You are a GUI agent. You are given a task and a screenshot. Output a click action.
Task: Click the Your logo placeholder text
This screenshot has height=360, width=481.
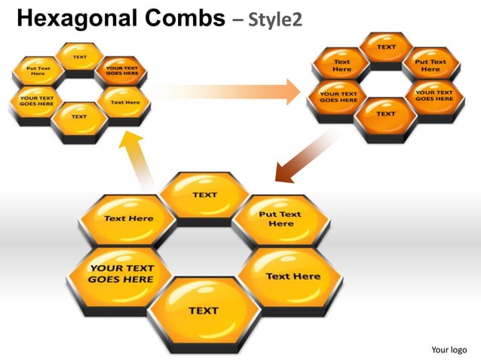click(449, 349)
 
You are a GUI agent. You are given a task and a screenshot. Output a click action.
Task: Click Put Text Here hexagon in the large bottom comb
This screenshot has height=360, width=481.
click(280, 219)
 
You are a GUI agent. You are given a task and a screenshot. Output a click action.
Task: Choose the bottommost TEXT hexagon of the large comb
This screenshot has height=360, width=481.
click(203, 310)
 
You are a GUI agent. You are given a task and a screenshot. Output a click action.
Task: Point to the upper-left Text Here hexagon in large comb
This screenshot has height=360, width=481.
click(128, 218)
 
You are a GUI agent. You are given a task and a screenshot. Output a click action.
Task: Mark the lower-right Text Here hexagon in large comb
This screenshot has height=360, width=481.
click(293, 276)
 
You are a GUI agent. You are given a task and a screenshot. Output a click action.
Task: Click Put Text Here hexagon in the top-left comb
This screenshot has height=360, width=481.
click(38, 72)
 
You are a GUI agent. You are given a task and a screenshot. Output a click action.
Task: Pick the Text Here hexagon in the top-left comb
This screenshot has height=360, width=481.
click(124, 102)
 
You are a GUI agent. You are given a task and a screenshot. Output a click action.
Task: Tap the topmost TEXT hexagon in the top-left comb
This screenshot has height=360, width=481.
click(79, 57)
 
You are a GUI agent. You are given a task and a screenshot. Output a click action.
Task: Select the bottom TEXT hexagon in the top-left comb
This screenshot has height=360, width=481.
click(79, 117)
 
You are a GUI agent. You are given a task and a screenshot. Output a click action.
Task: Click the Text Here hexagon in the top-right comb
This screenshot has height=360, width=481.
click(342, 66)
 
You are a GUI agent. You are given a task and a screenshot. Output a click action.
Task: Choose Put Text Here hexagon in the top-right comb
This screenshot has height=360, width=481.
click(430, 66)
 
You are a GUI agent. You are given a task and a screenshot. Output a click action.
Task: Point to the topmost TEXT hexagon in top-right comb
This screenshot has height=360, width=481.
click(386, 47)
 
